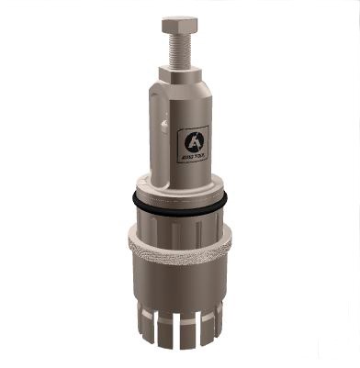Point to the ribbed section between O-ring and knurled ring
(180, 223)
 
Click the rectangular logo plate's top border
(192, 127)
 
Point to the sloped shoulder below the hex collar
(180, 90)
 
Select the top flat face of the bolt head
(180, 17)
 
